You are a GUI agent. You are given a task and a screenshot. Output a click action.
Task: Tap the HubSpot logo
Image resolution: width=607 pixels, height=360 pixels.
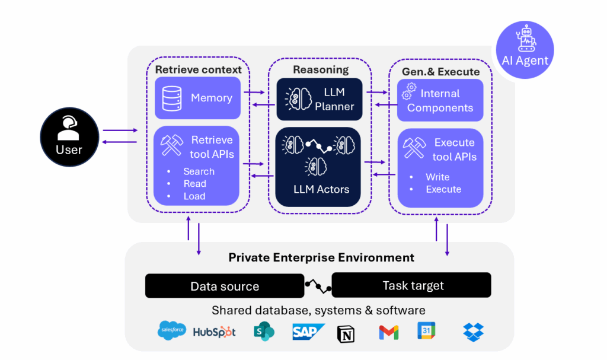(x=215, y=332)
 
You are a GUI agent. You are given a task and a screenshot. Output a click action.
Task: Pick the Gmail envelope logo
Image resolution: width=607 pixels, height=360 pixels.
(x=389, y=333)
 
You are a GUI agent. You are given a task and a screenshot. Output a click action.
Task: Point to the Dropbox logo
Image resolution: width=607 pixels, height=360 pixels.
(x=473, y=332)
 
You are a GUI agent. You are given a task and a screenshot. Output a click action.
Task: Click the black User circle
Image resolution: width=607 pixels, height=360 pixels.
(x=69, y=138)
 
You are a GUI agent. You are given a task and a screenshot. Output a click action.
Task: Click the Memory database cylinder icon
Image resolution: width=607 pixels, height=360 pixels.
(x=171, y=98)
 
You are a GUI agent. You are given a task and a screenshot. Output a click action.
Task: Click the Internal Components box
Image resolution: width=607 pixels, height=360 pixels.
(x=440, y=100)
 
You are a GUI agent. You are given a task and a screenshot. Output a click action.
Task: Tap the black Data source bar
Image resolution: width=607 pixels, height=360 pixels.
(x=225, y=286)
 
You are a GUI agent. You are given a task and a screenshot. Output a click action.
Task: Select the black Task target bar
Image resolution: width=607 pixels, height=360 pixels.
(x=411, y=285)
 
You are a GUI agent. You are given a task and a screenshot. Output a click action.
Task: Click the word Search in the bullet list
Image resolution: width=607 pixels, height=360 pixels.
(x=199, y=171)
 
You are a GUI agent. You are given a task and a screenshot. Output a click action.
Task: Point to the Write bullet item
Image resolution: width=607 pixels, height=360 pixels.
(x=437, y=177)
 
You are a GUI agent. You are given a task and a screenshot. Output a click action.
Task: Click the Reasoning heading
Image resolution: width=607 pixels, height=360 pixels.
(x=321, y=69)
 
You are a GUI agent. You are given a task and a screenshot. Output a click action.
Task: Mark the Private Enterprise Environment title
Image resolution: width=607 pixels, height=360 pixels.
(x=321, y=257)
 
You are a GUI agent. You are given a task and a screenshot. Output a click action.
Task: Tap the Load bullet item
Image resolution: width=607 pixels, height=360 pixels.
(x=194, y=196)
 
